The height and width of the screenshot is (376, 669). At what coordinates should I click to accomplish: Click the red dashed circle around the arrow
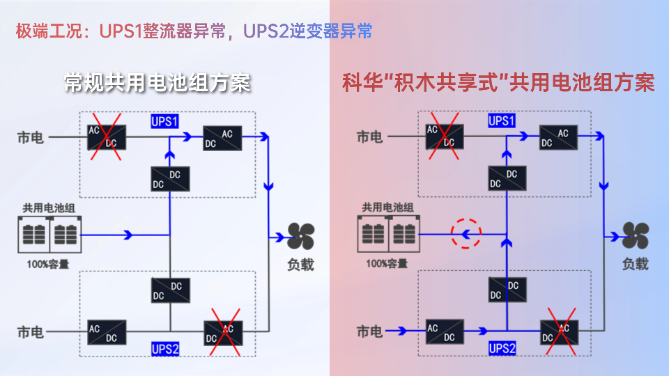(466, 234)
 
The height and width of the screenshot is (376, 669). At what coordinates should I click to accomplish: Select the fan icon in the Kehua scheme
(636, 237)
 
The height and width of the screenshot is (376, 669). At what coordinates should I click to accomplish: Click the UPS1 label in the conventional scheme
(164, 121)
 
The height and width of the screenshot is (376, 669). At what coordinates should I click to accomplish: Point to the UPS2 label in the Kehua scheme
(502, 348)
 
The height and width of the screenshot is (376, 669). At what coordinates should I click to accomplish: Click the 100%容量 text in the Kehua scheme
(387, 264)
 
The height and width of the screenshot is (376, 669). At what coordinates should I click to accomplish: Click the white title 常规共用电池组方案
(157, 83)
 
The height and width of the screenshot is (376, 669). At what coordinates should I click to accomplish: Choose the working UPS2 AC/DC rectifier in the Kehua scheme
(444, 332)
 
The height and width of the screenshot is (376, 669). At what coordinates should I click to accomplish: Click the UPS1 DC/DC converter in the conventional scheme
(169, 179)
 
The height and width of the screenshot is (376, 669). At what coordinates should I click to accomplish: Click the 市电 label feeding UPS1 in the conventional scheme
(30, 137)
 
